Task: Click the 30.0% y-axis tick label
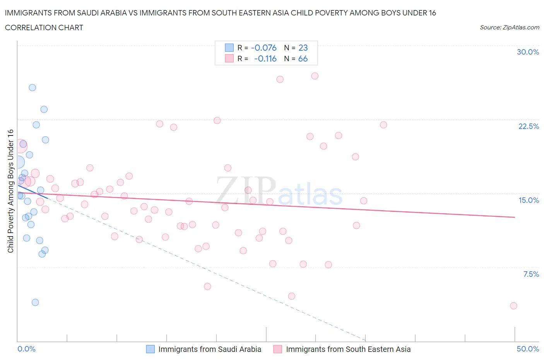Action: click(528, 52)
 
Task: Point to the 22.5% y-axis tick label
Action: click(528, 126)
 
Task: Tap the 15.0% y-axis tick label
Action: click(529, 200)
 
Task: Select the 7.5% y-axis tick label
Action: click(531, 274)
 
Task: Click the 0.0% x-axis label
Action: click(27, 349)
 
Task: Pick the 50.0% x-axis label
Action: click(528, 349)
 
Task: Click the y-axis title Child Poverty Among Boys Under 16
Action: click(10, 191)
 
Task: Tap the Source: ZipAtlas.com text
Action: click(509, 27)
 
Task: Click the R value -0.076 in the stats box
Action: click(263, 48)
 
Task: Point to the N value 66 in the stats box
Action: click(303, 58)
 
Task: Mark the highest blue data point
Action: click(33, 87)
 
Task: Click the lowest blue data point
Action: click(35, 302)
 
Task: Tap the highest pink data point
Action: click(315, 76)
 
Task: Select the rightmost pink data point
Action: click(513, 306)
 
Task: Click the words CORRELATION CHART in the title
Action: click(44, 27)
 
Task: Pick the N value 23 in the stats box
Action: click(303, 48)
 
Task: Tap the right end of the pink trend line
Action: click(515, 217)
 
